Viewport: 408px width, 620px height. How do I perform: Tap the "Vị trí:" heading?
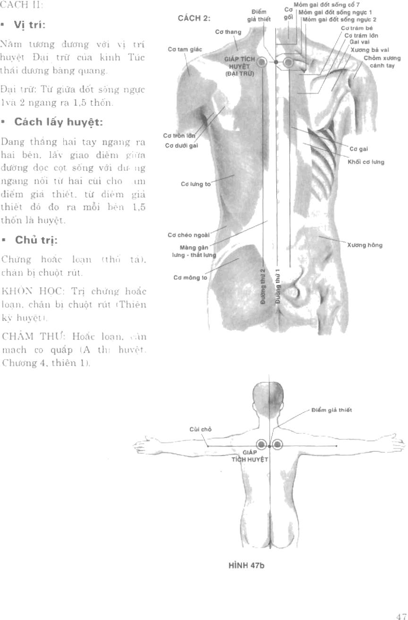[32, 26]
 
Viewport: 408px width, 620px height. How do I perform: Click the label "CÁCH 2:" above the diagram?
[194, 18]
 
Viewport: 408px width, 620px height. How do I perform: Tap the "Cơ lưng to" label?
[196, 184]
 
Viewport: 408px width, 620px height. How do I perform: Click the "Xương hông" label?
[365, 245]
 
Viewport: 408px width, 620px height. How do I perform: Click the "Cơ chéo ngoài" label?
[188, 234]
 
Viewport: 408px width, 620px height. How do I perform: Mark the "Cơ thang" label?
[228, 32]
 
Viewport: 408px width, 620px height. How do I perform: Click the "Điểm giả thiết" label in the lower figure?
[331, 410]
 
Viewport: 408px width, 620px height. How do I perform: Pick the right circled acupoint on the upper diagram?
[288, 62]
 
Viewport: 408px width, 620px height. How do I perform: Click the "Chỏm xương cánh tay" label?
[382, 61]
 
